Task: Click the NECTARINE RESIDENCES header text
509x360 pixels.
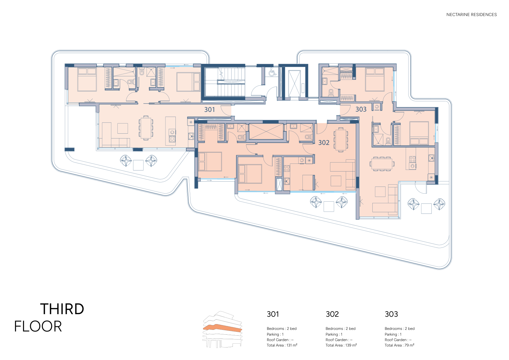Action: pyautogui.click(x=471, y=14)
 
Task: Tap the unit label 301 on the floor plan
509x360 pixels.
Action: pyautogui.click(x=209, y=110)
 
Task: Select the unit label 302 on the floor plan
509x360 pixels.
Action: pyautogui.click(x=324, y=143)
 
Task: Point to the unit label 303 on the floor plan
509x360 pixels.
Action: pyautogui.click(x=361, y=110)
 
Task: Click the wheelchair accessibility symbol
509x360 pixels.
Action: pyautogui.click(x=272, y=72)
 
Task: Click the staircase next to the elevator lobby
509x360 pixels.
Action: pyautogui.click(x=231, y=82)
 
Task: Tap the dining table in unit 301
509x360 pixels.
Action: pyautogui.click(x=146, y=127)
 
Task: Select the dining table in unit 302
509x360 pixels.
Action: pyautogui.click(x=341, y=139)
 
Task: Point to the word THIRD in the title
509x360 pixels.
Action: pyautogui.click(x=62, y=309)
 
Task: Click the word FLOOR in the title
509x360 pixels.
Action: pyautogui.click(x=38, y=326)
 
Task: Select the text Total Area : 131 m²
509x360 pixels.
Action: pyautogui.click(x=282, y=345)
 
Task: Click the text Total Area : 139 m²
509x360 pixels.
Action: pyautogui.click(x=341, y=345)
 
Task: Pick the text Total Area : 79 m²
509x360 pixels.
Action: pyautogui.click(x=399, y=345)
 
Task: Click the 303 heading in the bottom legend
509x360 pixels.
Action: pyautogui.click(x=391, y=314)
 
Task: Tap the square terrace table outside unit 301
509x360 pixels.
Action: pyautogui.click(x=138, y=165)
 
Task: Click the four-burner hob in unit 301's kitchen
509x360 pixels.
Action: pyautogui.click(x=172, y=139)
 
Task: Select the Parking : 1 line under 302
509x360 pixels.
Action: pyautogui.click(x=334, y=334)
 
